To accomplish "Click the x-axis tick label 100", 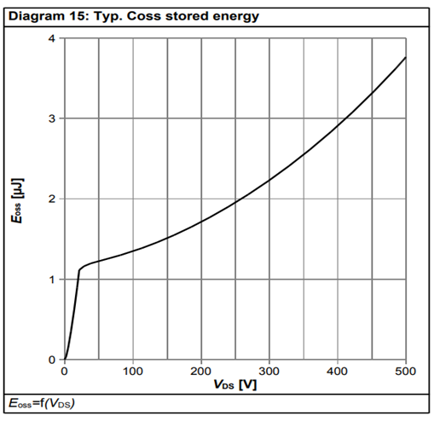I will [x=133, y=372].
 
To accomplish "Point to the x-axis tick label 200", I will [x=201, y=372].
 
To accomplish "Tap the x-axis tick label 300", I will [x=269, y=372].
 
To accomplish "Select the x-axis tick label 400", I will [x=338, y=372].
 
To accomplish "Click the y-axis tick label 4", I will [x=53, y=38].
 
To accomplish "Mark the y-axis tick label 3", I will [x=53, y=118].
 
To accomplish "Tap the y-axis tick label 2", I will [x=53, y=199].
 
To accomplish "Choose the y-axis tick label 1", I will [x=53, y=280].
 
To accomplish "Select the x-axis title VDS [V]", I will [x=234, y=384].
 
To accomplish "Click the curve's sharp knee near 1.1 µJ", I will [x=79, y=270].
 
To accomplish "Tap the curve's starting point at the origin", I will [x=65, y=360].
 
